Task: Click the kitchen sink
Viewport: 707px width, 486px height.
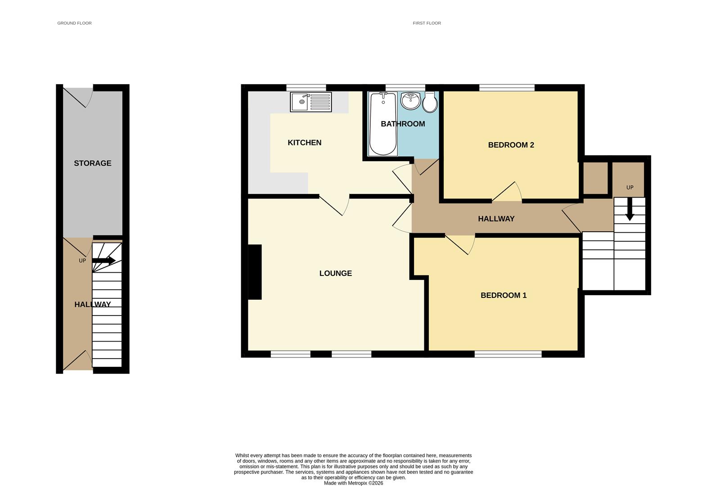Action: click(x=311, y=102)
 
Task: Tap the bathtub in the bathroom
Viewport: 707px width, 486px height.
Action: click(x=383, y=123)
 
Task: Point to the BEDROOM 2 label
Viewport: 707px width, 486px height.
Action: click(x=511, y=145)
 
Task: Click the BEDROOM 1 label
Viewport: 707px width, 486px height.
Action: click(x=503, y=295)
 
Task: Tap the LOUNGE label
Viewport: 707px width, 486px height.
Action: click(x=335, y=273)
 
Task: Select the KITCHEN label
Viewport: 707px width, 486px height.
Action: click(x=304, y=143)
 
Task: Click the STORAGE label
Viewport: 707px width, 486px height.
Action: click(x=92, y=163)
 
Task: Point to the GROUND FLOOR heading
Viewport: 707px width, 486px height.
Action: click(x=74, y=23)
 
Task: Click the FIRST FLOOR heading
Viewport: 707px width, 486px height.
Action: click(x=427, y=23)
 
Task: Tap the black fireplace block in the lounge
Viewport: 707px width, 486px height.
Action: click(x=255, y=272)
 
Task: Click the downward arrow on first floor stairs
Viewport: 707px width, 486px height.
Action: click(x=630, y=210)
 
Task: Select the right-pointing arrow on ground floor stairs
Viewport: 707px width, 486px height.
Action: click(x=104, y=261)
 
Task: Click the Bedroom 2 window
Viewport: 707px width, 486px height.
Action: click(x=507, y=87)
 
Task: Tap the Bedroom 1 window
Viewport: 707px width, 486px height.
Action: click(x=508, y=354)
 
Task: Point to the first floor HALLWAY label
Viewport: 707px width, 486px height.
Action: click(x=496, y=219)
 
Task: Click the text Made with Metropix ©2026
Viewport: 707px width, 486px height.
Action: click(x=353, y=483)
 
